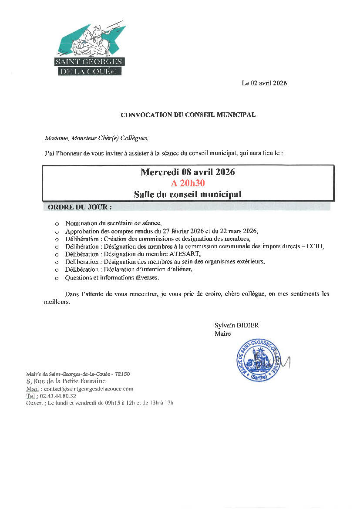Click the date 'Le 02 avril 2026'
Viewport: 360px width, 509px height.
264,83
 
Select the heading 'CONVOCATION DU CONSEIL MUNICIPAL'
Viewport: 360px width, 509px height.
188,115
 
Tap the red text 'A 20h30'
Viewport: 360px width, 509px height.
188,183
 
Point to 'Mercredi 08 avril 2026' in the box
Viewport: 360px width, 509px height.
188,172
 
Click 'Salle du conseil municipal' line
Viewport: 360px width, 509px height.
188,194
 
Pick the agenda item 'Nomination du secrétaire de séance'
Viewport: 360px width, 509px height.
113,223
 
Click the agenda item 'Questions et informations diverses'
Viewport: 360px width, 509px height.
112,277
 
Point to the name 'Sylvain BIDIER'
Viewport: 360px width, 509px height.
233,325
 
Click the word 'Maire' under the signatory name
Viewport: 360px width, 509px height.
222,334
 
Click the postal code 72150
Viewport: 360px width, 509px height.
122,374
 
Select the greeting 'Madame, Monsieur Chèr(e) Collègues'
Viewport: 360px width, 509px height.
96,138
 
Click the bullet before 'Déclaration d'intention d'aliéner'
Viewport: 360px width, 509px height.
57,270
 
